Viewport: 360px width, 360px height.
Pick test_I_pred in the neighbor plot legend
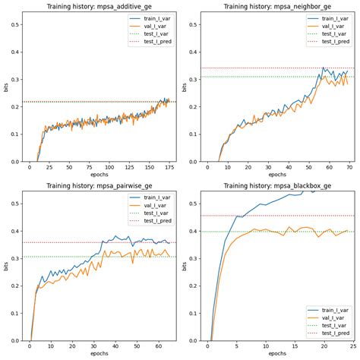click(x=336, y=41)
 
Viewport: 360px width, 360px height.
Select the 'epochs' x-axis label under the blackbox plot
click(x=276, y=355)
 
